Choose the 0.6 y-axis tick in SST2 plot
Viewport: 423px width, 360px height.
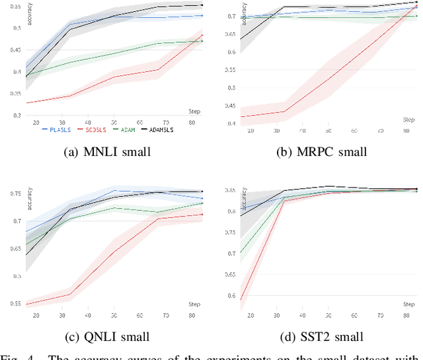tap(228, 296)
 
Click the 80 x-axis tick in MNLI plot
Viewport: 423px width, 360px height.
tap(190, 124)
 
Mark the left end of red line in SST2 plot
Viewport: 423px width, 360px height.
tap(240, 301)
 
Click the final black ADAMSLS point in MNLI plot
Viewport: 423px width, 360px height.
tap(202, 5)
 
